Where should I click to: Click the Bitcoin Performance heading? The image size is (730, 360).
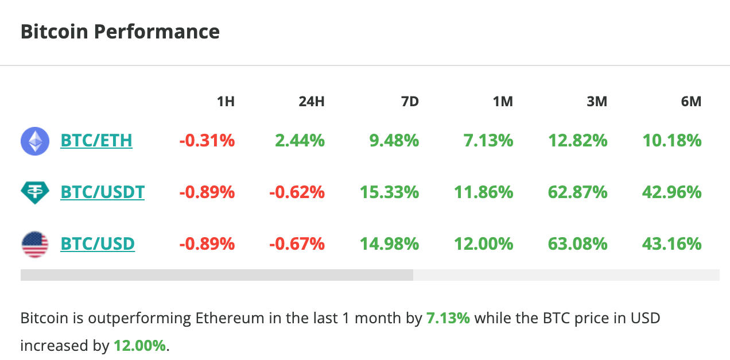point(120,31)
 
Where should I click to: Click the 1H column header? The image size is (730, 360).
point(226,102)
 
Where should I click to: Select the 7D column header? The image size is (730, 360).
point(409,102)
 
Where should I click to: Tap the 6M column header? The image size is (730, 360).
point(691,102)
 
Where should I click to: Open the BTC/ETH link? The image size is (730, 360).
point(96,141)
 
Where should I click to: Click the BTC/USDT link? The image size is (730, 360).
point(102,192)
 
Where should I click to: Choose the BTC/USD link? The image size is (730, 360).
point(98,244)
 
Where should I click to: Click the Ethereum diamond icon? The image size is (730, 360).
point(35,141)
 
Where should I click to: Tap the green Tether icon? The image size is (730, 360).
point(35,192)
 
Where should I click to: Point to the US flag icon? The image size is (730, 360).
point(35,244)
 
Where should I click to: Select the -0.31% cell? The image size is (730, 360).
point(207,141)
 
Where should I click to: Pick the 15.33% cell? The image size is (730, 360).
point(389,192)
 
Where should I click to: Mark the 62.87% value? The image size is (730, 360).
point(577,192)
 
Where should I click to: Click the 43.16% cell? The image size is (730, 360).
point(671,244)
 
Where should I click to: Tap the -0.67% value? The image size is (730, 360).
point(297,244)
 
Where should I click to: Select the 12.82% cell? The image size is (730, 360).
point(577,141)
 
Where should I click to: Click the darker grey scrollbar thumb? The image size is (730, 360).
point(216,275)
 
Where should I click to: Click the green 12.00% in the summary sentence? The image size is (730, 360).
point(139,346)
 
